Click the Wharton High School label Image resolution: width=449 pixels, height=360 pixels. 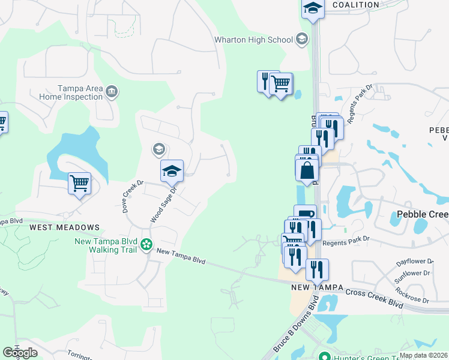[254, 40]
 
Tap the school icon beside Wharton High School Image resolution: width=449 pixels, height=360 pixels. [302, 40]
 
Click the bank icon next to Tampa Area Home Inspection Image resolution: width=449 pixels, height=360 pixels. [112, 92]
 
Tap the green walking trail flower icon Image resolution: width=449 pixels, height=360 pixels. [146, 244]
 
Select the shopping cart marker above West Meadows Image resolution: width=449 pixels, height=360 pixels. [79, 184]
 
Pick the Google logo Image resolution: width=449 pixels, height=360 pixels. [20, 353]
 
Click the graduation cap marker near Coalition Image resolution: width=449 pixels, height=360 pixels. [313, 8]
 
